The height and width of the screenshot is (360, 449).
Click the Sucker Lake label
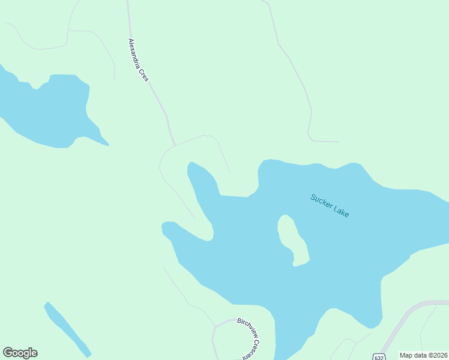point(330,205)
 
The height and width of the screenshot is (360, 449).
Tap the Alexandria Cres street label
point(138,60)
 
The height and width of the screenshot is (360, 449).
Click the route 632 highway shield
point(378,356)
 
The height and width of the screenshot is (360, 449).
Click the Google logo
point(20,353)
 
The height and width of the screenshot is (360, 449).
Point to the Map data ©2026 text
point(424,355)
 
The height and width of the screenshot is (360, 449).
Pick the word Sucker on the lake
point(321,200)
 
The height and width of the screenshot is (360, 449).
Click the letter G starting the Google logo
point(8,353)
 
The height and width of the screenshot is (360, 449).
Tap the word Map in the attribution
point(406,355)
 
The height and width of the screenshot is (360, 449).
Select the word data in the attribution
point(419,355)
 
